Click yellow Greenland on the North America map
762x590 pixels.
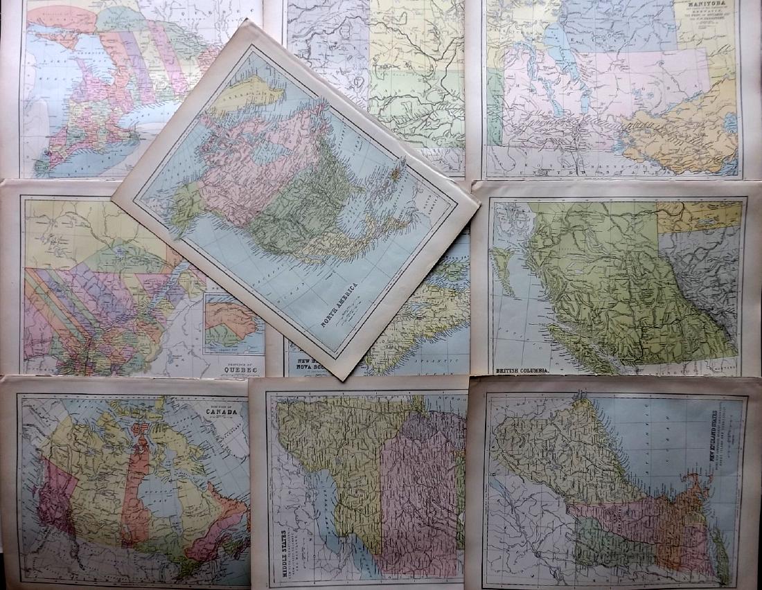[243, 94]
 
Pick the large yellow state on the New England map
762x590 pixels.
[554, 450]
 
